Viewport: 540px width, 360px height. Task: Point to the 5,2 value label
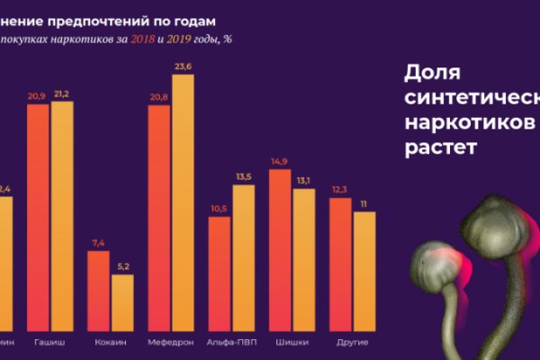tap(122, 265)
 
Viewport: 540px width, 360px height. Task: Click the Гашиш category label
tap(49, 343)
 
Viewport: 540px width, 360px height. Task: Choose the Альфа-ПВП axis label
tap(231, 343)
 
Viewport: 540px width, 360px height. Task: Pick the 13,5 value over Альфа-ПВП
tap(243, 176)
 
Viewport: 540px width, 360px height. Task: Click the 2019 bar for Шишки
tap(304, 261)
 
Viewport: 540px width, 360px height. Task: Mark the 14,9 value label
tap(280, 161)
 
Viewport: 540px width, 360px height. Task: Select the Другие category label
tap(352, 343)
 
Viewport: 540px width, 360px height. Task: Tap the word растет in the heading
tap(437, 145)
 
